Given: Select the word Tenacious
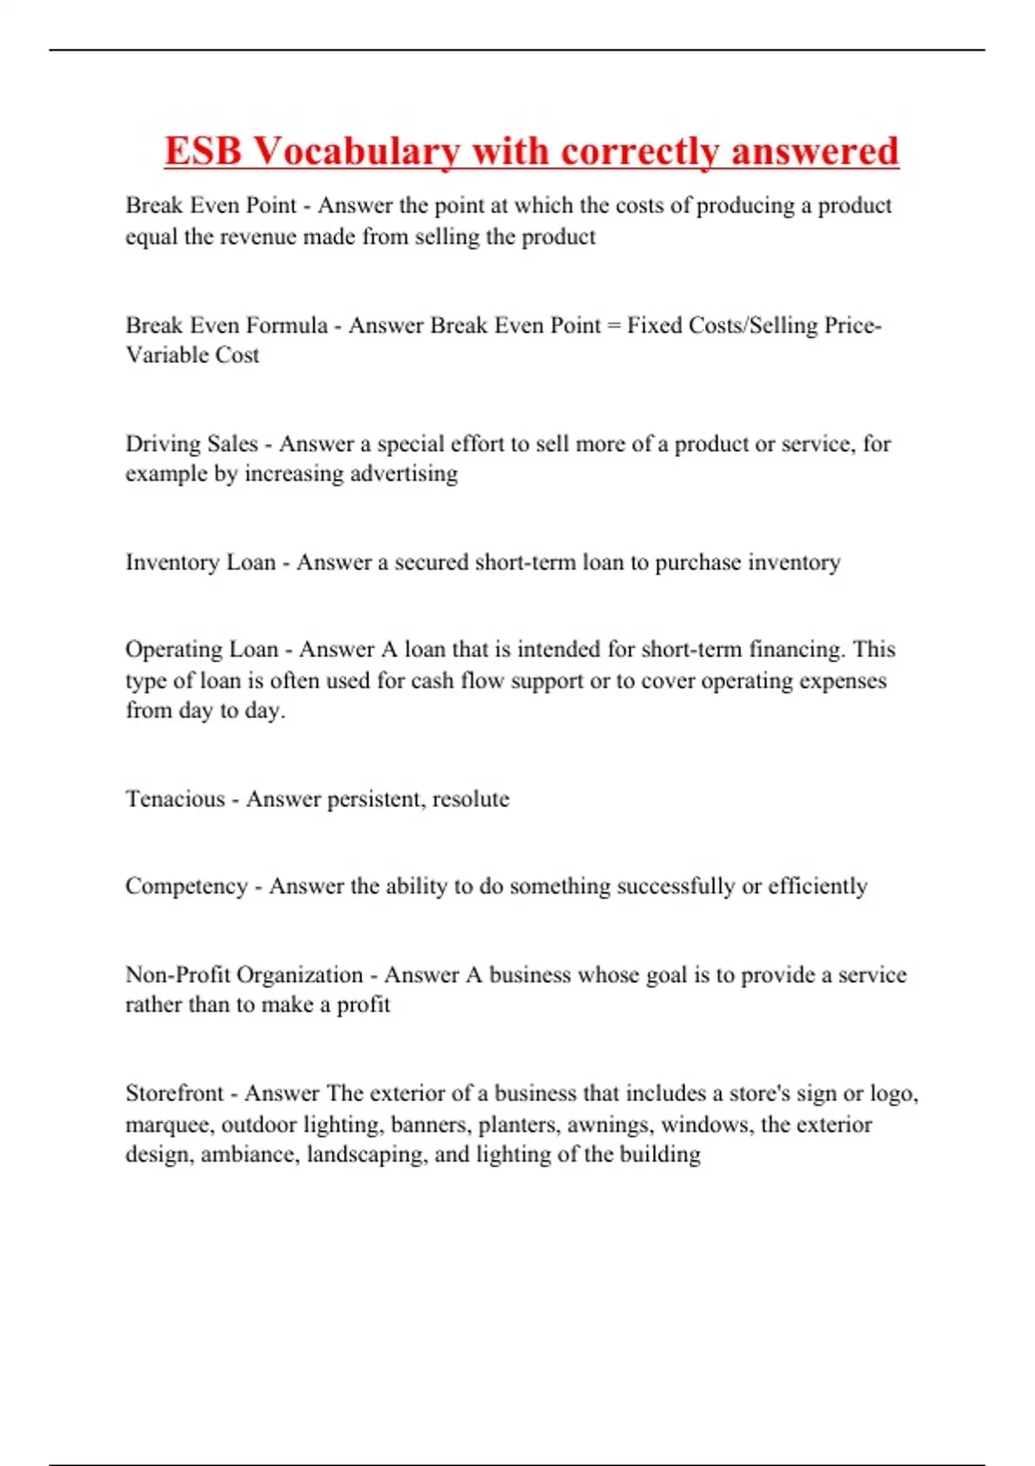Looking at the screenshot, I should pos(175,799).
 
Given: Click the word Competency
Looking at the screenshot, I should pos(186,886).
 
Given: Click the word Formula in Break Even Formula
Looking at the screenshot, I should pos(286,325).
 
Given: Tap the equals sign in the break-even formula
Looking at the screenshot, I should pos(613,326).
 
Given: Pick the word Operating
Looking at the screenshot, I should pos(178,649).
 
